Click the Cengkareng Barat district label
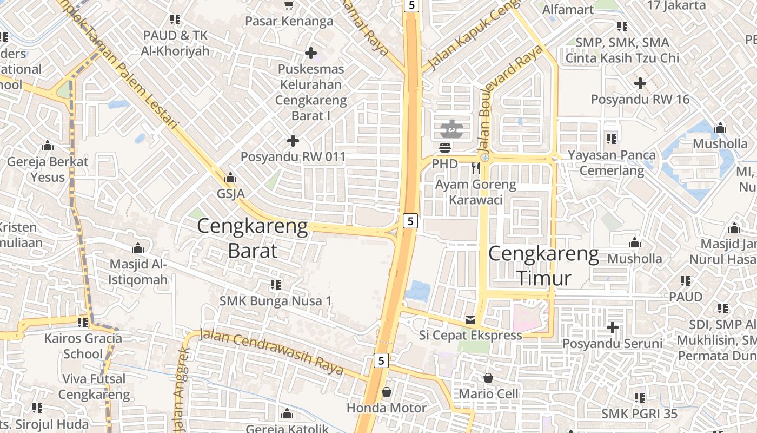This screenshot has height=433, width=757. (253, 238)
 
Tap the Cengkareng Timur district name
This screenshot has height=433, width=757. (544, 266)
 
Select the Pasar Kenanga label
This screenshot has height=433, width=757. (289, 21)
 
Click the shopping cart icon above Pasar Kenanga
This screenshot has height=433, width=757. (289, 5)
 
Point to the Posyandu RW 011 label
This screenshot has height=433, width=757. (293, 157)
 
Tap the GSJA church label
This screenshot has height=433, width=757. (231, 193)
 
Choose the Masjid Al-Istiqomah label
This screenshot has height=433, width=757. (139, 272)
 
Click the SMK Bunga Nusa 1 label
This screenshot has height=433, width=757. (276, 300)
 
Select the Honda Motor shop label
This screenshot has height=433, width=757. (387, 408)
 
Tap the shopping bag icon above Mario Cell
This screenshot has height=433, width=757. (488, 378)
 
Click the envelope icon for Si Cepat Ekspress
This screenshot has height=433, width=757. (470, 320)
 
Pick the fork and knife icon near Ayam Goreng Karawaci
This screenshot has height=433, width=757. (475, 168)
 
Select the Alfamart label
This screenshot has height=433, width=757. (568, 9)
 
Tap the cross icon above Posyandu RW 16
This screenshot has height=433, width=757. (640, 83)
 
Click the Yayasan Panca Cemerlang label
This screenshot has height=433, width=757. (612, 163)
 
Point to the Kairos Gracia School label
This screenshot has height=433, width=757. (83, 346)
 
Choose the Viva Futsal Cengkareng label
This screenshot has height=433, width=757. (94, 386)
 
